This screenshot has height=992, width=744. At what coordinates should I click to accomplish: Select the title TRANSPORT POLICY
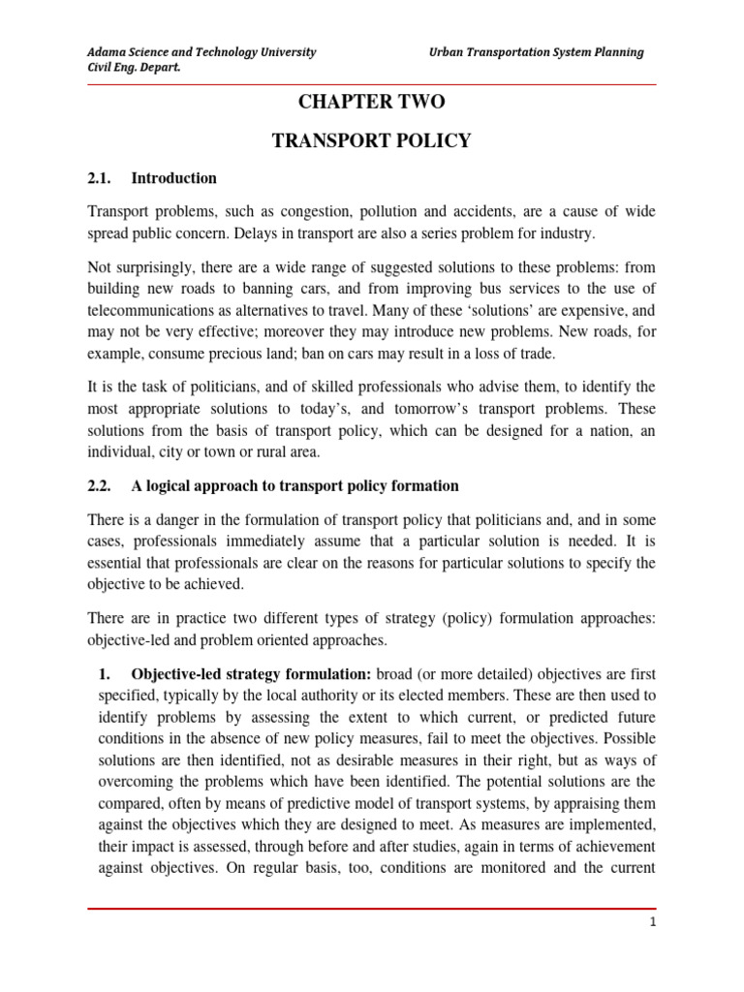coord(371,141)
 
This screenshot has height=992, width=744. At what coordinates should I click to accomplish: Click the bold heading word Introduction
coord(173,178)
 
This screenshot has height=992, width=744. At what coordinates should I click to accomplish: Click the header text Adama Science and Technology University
coord(201,52)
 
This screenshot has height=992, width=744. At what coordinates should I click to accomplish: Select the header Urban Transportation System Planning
coord(536,52)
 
